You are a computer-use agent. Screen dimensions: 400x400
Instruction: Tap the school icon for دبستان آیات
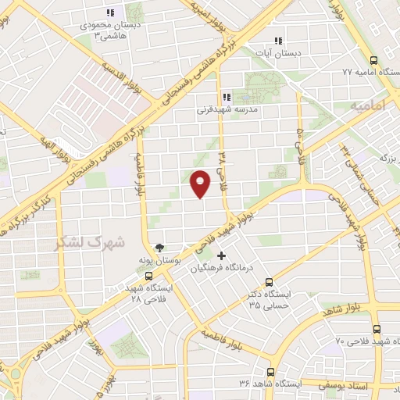[277, 41]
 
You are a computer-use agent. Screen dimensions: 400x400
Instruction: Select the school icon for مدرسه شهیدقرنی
[226, 97]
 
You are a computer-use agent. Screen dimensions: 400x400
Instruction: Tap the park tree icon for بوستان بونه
[159, 247]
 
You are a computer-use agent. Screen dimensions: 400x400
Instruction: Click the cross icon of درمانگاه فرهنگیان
[221, 255]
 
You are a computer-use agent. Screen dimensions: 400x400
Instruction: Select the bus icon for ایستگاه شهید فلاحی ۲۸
[149, 276]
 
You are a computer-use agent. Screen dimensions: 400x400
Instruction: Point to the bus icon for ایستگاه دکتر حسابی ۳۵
[270, 282]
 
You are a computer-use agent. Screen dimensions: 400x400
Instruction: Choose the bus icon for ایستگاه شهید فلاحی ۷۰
[377, 329]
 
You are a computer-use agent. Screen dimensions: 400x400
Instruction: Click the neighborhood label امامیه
[369, 104]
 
